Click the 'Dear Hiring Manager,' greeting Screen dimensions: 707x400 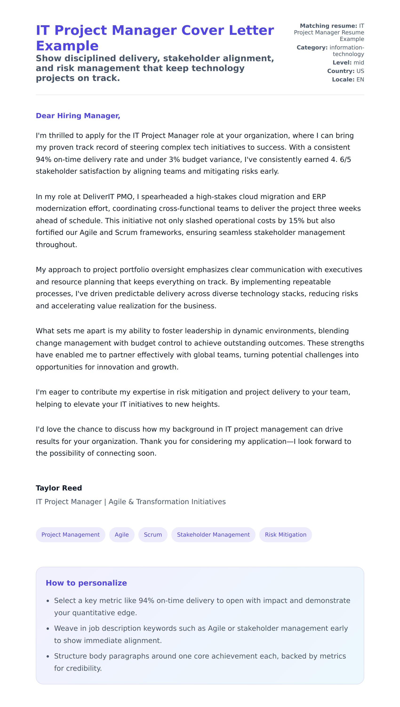click(x=78, y=116)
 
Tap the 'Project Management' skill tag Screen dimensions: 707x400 click(x=70, y=534)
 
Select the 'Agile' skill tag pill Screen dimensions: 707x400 click(x=122, y=534)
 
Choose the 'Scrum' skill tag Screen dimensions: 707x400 click(x=153, y=534)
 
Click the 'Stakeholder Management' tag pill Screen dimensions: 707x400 click(x=213, y=534)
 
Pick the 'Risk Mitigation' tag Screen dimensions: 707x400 click(x=285, y=534)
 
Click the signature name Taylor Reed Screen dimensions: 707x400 click(x=59, y=488)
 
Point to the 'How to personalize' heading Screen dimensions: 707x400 click(x=86, y=583)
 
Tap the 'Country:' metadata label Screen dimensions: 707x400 click(x=341, y=71)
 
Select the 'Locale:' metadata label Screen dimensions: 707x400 click(x=343, y=80)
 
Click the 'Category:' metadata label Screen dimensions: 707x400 click(x=312, y=48)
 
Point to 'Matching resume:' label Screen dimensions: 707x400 click(x=328, y=26)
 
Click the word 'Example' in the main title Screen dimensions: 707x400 click(x=67, y=46)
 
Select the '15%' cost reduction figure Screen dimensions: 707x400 click(x=297, y=221)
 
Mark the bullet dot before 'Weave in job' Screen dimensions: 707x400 click(x=48, y=629)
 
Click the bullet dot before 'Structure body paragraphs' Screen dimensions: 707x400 click(x=48, y=656)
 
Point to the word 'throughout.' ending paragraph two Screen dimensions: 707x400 click(x=56, y=245)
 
